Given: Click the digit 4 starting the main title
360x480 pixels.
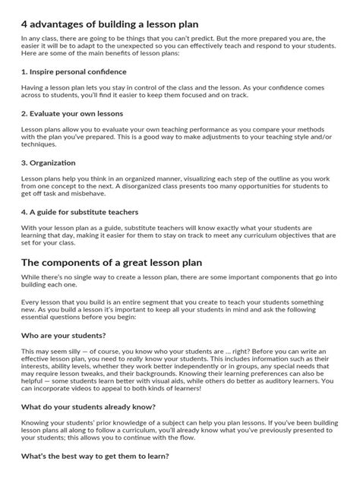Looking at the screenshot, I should (x=25, y=17).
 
